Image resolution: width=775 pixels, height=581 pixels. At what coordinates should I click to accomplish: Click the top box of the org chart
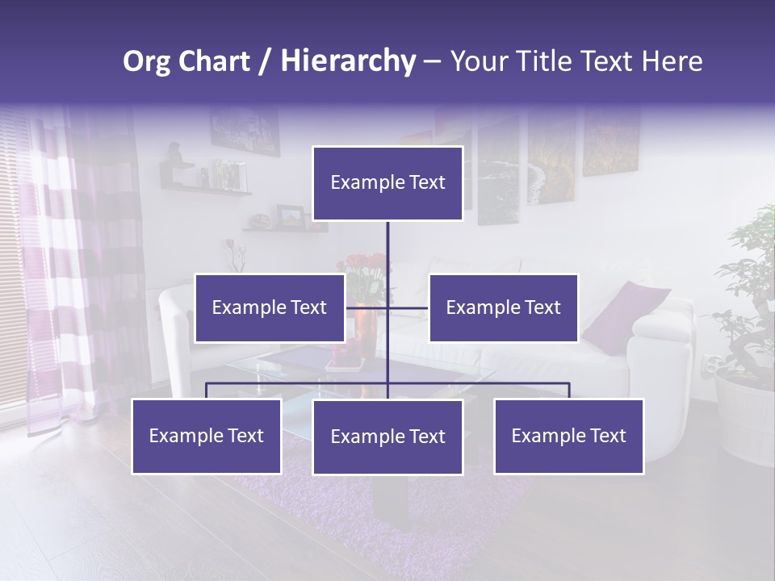pos(387,183)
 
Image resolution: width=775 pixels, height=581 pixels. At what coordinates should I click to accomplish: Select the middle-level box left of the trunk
pos(269,307)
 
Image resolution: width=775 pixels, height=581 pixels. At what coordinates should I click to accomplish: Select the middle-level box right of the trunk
pos(503,307)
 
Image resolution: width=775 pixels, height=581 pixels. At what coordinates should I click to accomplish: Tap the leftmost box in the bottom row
pos(206,436)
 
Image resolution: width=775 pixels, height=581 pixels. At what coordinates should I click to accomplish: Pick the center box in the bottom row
pos(387,437)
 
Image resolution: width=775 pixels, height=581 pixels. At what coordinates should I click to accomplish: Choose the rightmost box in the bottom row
pos(568,436)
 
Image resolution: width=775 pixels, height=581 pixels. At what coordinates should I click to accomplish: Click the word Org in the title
pos(148,61)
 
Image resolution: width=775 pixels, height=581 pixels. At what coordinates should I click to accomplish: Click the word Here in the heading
pos(672,61)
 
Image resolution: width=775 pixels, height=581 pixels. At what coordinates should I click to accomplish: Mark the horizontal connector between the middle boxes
pos(408,307)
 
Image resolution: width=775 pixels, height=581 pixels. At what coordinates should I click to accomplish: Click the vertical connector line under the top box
pos(387,250)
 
